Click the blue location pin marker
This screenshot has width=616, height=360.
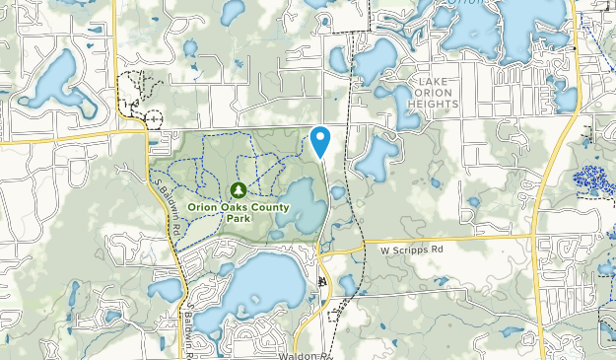point(320,141)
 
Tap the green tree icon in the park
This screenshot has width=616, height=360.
point(237,189)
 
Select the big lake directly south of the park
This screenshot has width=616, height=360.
point(258,285)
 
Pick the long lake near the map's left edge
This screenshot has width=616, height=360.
point(49,79)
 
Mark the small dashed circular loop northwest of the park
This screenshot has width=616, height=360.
point(153,117)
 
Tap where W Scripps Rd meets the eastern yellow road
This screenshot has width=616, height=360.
point(533,240)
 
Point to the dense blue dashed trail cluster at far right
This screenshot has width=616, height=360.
point(593,180)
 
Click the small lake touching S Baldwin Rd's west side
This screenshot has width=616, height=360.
point(166,290)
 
